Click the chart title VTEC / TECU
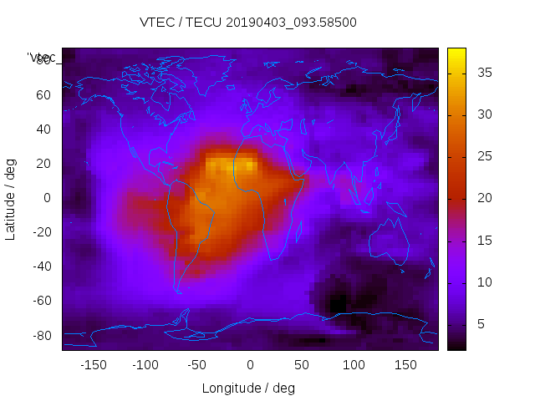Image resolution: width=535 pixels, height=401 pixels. tap(248, 23)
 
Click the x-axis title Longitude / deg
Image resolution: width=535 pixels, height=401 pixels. tap(248, 388)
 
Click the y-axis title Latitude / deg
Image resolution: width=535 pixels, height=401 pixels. tap(11, 197)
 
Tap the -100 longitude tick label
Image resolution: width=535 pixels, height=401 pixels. tap(145, 365)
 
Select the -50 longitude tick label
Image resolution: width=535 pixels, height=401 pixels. tap(197, 365)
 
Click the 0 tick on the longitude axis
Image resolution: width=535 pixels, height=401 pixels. tap(250, 365)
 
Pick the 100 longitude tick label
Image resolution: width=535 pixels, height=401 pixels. tap(354, 365)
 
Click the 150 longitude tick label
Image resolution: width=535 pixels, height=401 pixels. tap(405, 365)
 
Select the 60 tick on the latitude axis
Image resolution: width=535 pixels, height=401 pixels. tap(43, 94)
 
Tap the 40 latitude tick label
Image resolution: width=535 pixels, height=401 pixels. tap(43, 129)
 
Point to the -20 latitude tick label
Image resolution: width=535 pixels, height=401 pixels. tap(40, 232)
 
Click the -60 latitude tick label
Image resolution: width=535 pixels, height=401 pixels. tap(40, 301)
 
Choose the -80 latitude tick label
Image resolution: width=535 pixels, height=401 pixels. tap(40, 335)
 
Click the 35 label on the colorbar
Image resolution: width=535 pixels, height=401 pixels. tap(483, 73)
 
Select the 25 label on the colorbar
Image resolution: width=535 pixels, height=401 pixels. tap(483, 156)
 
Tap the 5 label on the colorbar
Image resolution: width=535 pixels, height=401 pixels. tap(480, 324)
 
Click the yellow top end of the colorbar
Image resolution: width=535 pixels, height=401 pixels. tap(456, 52)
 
